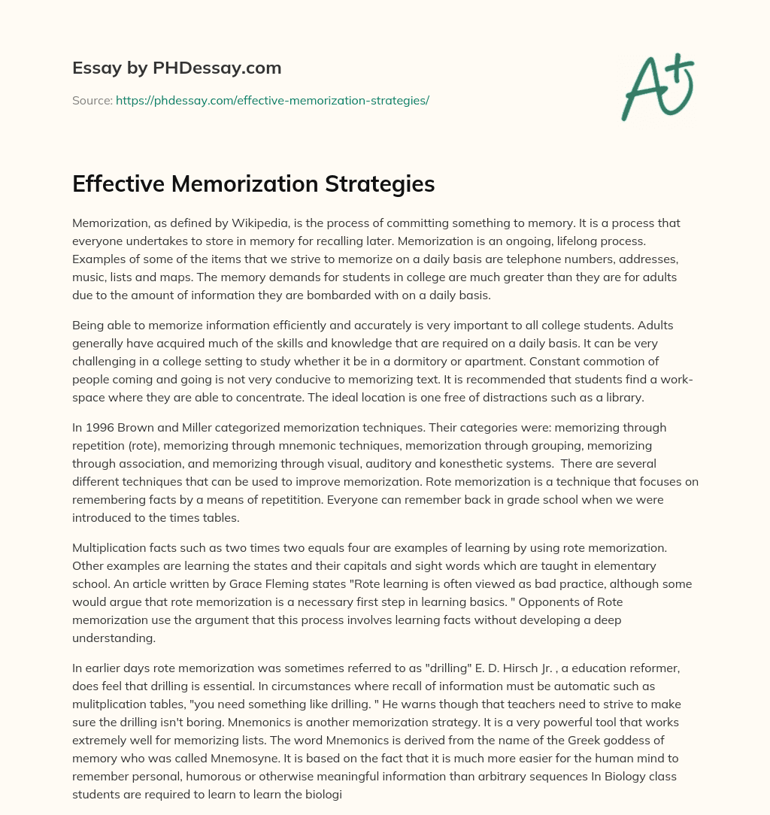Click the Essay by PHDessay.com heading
point(177,68)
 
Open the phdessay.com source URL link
point(272,100)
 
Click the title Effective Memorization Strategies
point(253,184)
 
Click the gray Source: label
point(92,100)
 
